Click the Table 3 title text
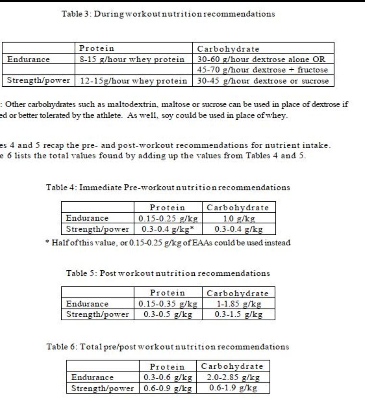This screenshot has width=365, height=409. (168, 14)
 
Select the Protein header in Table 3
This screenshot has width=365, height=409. (97, 48)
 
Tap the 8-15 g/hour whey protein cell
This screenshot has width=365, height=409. (132, 60)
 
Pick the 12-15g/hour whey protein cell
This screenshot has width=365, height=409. (133, 81)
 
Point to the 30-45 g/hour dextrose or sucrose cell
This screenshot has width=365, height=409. (263, 81)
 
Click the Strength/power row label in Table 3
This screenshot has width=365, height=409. (39, 81)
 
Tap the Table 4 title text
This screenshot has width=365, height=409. (168, 188)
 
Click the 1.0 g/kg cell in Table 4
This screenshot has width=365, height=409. (239, 219)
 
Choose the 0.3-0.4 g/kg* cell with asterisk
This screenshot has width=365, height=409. (168, 229)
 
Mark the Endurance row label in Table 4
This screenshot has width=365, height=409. (87, 218)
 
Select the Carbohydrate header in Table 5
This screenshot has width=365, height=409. (238, 293)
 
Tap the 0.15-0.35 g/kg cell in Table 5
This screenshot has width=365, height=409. (168, 304)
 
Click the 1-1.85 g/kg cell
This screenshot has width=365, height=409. (239, 304)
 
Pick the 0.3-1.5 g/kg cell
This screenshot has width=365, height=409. (239, 315)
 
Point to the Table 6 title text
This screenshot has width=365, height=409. (168, 347)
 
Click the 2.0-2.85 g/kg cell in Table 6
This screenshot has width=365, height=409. (233, 377)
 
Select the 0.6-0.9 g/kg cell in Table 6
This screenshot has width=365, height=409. (168, 388)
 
